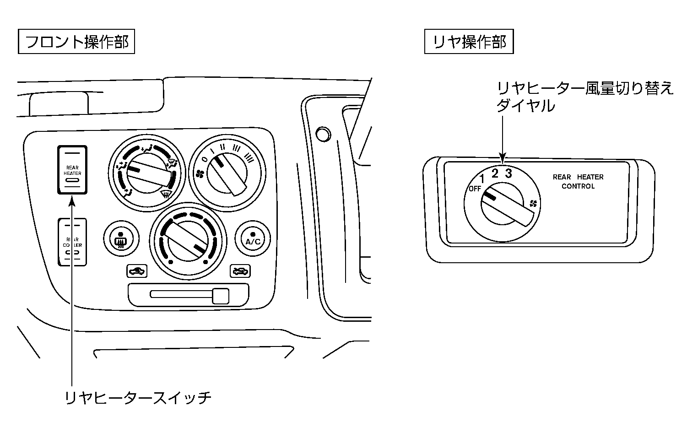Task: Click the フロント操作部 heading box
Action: pyautogui.click(x=76, y=42)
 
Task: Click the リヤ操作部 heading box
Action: pyautogui.click(x=469, y=42)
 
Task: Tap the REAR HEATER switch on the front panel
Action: pyautogui.click(x=72, y=170)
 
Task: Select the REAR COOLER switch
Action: pyautogui.click(x=72, y=242)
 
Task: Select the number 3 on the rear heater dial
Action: pyautogui.click(x=508, y=173)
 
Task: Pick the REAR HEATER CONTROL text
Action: pyautogui.click(x=578, y=182)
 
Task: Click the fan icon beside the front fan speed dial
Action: pyautogui.click(x=200, y=173)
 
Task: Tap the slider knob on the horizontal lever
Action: pyautogui.click(x=221, y=296)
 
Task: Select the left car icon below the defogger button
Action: pyautogui.click(x=137, y=271)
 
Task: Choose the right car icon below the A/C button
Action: pyautogui.click(x=240, y=271)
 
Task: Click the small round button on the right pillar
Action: pyautogui.click(x=323, y=134)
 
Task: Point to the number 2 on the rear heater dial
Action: pyautogui.click(x=495, y=173)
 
